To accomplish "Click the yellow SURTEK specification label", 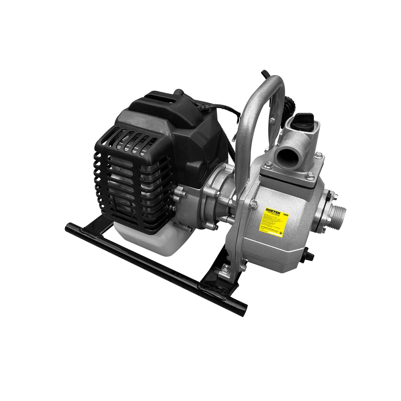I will [276, 222].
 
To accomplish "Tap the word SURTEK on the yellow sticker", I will [273, 210].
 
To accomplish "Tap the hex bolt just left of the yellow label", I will [253, 204].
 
